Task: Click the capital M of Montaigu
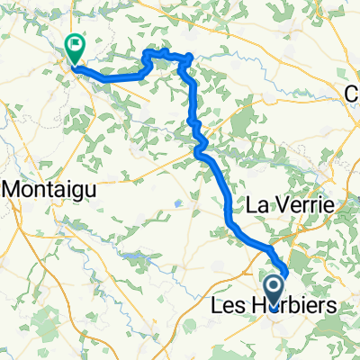(14, 189)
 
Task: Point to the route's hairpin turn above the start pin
(285, 271)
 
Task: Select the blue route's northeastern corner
(188, 58)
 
